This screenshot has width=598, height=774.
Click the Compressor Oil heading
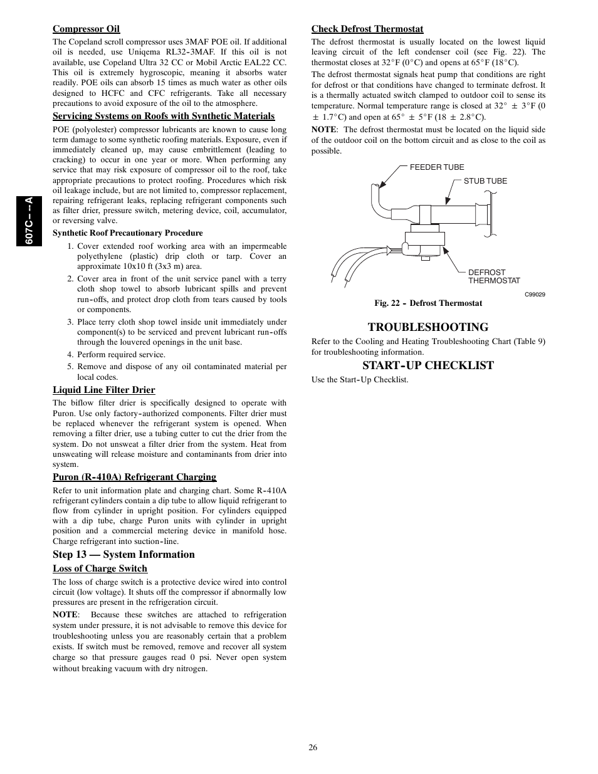(x=86, y=29)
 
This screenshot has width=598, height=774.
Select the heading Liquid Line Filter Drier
(x=103, y=390)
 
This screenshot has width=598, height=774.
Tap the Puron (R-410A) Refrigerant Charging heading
(x=134, y=477)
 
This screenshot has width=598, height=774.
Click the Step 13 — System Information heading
(x=123, y=555)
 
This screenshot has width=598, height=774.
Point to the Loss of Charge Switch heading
(x=100, y=569)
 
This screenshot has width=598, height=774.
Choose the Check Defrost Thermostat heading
(x=367, y=29)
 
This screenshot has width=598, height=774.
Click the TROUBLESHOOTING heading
(x=428, y=327)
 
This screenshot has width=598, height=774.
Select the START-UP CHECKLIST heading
(x=428, y=365)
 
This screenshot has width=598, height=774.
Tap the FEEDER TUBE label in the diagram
(x=437, y=167)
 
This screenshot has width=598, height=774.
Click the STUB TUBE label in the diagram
(x=485, y=181)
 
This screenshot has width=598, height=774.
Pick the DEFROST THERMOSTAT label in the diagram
(x=494, y=276)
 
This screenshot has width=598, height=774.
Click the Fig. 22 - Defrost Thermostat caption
(x=428, y=303)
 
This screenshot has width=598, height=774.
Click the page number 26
(x=313, y=747)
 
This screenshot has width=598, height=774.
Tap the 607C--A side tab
(x=29, y=221)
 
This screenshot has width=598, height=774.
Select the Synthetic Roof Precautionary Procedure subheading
(x=127, y=233)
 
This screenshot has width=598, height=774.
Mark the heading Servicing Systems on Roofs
(x=163, y=116)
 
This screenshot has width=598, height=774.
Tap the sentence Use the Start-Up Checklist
(x=359, y=380)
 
